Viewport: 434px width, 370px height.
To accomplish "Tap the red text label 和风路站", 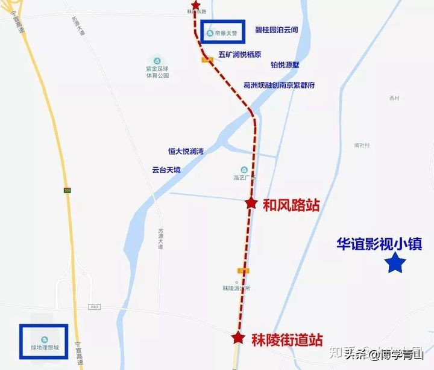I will [x=291, y=205].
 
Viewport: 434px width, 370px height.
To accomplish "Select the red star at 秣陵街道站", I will [x=239, y=337].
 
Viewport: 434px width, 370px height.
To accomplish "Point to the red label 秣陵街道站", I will [x=286, y=340].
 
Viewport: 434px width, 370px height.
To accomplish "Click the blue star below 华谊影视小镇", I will [x=396, y=263].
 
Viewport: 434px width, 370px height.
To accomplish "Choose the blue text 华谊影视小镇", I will [x=379, y=244].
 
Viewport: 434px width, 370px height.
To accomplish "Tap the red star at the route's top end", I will [x=195, y=5].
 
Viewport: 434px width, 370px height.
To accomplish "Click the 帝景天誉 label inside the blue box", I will [x=223, y=32].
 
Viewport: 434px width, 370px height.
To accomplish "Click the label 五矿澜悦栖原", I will [x=240, y=55].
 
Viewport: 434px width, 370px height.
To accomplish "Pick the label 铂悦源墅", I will [x=285, y=65].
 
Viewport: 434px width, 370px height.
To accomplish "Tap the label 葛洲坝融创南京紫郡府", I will [x=278, y=85].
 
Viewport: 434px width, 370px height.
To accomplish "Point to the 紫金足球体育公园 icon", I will [x=157, y=61].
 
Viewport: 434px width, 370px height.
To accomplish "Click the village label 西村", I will [x=395, y=98].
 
